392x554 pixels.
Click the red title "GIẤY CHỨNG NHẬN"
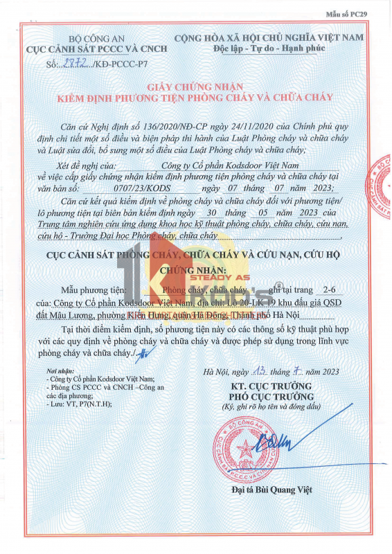point(195,87)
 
